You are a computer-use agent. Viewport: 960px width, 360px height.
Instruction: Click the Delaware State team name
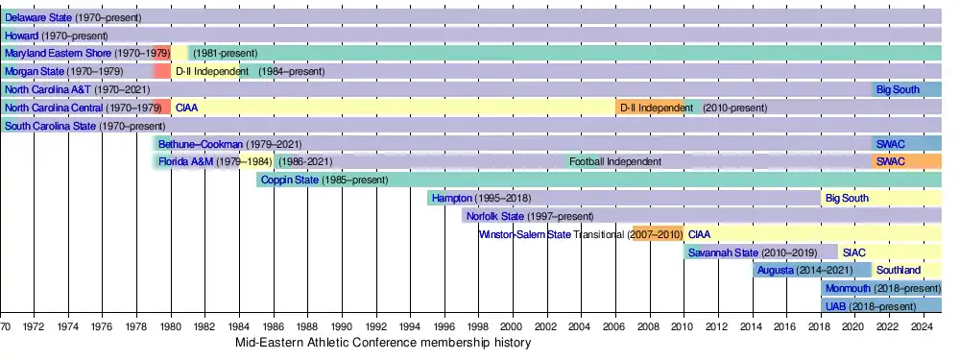tap(38, 17)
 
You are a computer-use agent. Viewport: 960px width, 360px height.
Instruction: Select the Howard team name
tap(21, 36)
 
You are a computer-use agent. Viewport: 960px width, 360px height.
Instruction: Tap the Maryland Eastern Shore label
tap(59, 53)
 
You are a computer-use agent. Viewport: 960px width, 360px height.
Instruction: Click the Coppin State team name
tap(290, 180)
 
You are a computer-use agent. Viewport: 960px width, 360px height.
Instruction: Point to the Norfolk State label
tap(495, 216)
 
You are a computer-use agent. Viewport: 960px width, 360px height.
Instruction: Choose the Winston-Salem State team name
tap(525, 234)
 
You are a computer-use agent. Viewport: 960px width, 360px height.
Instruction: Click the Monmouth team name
tap(848, 288)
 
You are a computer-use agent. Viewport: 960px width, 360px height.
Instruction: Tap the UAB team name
tap(835, 306)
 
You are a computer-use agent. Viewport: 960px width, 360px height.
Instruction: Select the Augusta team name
tap(776, 270)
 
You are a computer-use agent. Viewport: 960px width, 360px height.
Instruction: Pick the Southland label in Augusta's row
tap(899, 270)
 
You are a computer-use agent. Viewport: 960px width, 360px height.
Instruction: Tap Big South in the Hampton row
tap(847, 198)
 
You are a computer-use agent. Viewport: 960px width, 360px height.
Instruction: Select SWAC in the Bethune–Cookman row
tap(890, 144)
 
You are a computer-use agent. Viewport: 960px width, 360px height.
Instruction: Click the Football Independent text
tap(615, 161)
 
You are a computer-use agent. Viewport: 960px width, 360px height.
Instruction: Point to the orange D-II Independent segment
tap(650, 108)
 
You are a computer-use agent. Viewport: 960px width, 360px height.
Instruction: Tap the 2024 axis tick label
tap(924, 325)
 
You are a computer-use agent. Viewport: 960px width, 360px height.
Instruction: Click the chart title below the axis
tap(383, 343)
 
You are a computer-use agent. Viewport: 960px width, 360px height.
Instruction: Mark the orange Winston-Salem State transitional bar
tap(659, 234)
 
